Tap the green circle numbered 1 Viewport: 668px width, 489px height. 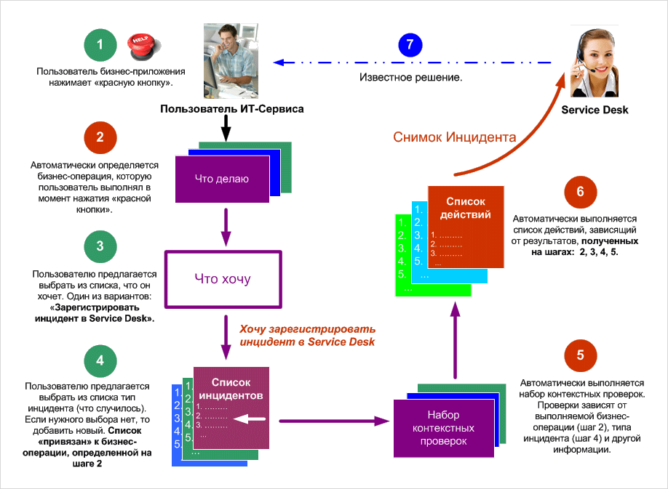point(100,45)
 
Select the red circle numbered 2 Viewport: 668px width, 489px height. point(100,137)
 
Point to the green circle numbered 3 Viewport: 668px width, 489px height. point(100,247)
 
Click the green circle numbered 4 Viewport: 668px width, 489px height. point(100,360)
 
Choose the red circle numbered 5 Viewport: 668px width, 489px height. point(580,356)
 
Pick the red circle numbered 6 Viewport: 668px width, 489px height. point(580,192)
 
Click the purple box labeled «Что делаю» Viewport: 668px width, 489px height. point(221,179)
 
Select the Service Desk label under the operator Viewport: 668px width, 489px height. point(595,110)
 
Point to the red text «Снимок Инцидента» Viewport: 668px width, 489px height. point(455,137)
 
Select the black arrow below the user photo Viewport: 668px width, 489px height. point(226,130)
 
